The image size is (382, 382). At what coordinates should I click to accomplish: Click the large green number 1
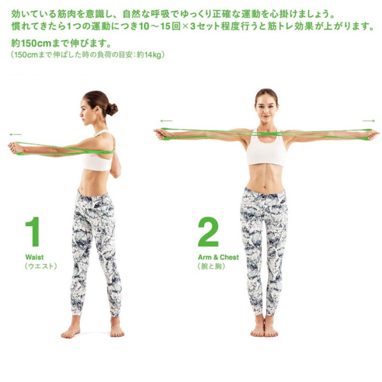click(x=33, y=232)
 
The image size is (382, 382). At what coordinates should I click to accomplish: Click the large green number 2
click(x=208, y=232)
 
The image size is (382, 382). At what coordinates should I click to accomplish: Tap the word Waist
click(x=35, y=257)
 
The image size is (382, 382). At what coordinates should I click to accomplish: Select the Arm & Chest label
click(x=218, y=257)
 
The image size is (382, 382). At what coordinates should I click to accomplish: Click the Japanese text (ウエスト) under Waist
click(x=41, y=266)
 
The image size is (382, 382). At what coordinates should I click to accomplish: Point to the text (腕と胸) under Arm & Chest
click(x=211, y=266)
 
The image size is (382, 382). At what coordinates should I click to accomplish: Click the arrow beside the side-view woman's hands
click(x=16, y=134)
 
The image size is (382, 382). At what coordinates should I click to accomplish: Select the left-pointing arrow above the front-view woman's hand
click(x=167, y=121)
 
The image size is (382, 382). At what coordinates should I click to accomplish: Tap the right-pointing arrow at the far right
click(x=369, y=121)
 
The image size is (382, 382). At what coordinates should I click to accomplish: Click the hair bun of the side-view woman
click(x=112, y=109)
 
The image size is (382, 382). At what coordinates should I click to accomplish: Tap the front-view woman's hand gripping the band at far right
click(x=372, y=135)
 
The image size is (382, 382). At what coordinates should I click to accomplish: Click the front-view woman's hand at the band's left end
click(x=161, y=134)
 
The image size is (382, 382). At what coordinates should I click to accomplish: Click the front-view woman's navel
click(x=266, y=182)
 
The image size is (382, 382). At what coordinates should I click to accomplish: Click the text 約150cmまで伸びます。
click(x=61, y=44)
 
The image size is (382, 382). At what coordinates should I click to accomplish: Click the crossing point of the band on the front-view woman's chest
click(x=266, y=134)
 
